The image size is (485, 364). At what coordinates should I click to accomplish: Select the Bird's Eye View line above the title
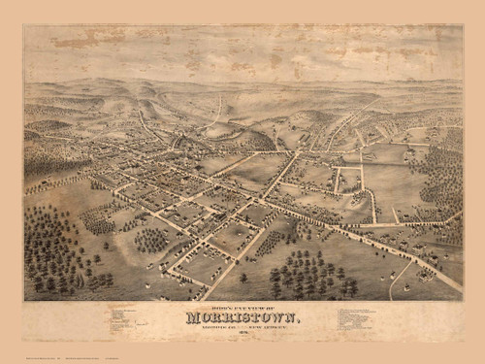pos(242,306)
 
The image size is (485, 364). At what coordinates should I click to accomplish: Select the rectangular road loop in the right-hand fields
pos(348,179)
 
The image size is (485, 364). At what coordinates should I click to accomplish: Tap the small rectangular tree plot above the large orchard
pos(96,220)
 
